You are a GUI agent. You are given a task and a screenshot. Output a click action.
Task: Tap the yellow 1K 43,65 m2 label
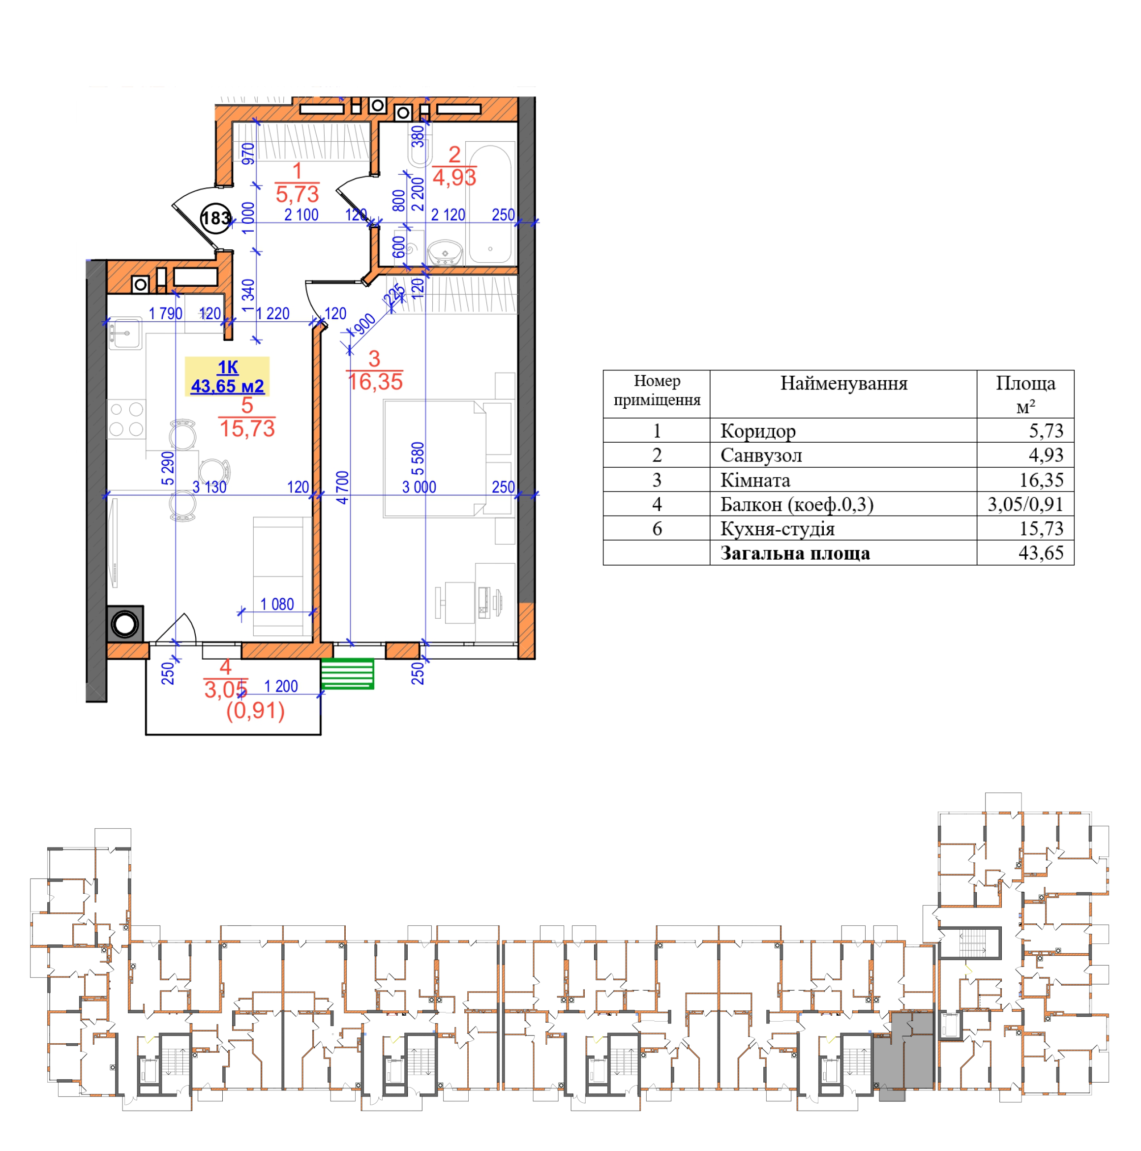[x=227, y=376]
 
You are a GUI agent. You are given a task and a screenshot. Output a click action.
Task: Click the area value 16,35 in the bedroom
[x=375, y=382]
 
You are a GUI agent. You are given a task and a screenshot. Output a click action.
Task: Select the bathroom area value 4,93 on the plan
[x=454, y=178]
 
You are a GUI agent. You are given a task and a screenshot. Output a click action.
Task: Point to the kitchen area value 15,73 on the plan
[x=247, y=429]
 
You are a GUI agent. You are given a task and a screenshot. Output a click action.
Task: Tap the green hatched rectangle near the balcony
[x=347, y=674]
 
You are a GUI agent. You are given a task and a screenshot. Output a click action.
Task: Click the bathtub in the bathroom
[x=490, y=203]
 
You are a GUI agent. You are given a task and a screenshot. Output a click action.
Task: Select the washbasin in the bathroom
[x=445, y=252]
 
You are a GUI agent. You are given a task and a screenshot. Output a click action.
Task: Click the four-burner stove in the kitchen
[x=126, y=420]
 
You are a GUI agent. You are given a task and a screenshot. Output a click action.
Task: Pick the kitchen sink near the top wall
[x=125, y=333]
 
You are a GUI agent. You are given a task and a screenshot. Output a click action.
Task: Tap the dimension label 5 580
[x=418, y=459]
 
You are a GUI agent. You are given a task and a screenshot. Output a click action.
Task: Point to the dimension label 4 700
[x=342, y=487]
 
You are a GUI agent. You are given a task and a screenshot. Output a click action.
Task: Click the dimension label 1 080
[x=277, y=605]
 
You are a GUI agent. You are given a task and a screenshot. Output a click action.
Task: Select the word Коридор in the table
[x=758, y=431]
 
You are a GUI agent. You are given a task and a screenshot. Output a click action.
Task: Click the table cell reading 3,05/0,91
[x=1025, y=505]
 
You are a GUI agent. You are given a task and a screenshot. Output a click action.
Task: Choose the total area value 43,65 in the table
[x=1041, y=553]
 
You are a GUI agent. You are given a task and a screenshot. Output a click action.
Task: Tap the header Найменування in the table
[x=843, y=383]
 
